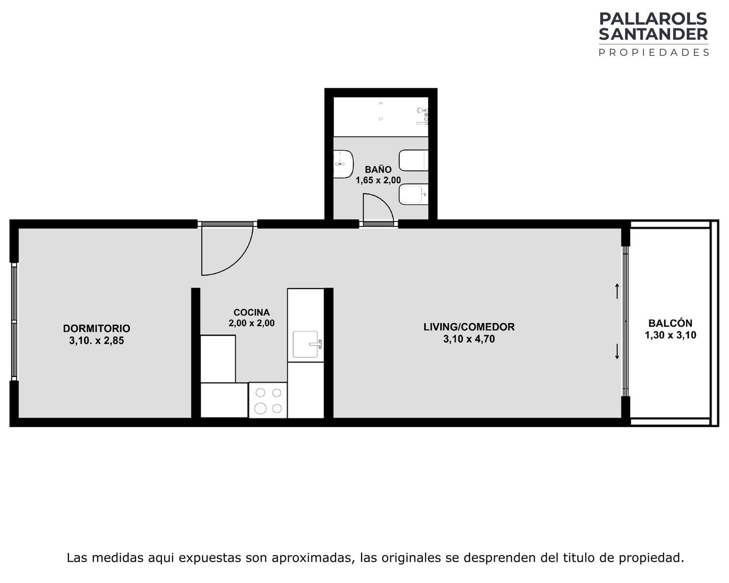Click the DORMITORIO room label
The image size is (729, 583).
[x=97, y=328]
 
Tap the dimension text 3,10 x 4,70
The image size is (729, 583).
[x=469, y=339]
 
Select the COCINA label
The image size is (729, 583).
[x=251, y=312]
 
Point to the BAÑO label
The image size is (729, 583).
[x=378, y=169]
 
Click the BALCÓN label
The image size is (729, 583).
[x=670, y=323]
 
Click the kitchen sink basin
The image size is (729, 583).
[x=305, y=344]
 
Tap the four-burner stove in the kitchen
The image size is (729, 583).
[x=268, y=400]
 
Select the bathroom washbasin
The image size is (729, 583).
[x=344, y=164]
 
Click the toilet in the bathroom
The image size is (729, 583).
[x=414, y=160]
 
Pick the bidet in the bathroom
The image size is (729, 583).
[x=414, y=194]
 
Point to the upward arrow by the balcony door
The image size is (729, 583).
[x=617, y=291]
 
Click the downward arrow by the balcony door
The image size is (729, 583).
[x=617, y=352]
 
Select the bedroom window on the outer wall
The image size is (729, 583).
[x=14, y=322]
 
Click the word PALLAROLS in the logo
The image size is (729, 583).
[x=653, y=19]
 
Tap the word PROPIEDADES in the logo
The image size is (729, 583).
[x=654, y=52]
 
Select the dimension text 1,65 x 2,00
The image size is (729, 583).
[x=378, y=180]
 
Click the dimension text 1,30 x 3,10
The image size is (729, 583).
[x=670, y=335]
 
